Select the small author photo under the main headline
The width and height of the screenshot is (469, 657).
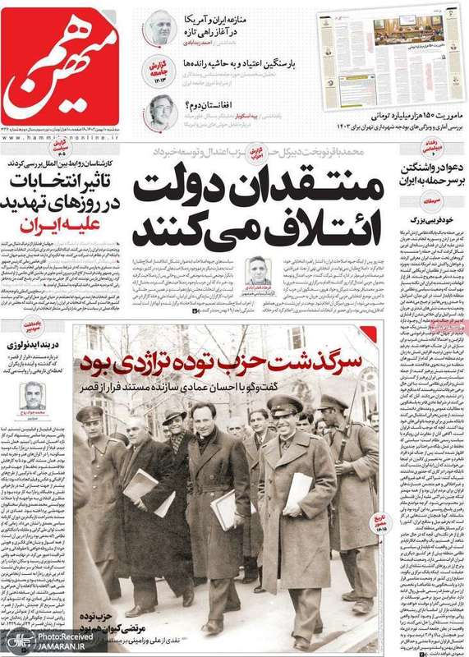coord(259,271)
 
